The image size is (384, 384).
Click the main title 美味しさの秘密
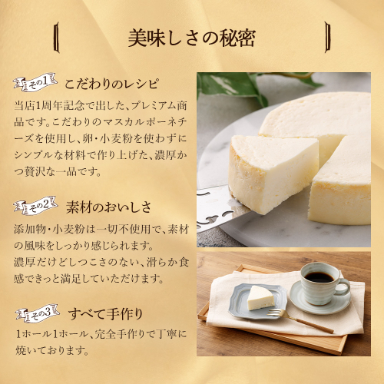(x=192, y=38)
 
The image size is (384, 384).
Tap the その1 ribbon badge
(x=35, y=82)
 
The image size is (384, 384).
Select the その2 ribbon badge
(x=35, y=205)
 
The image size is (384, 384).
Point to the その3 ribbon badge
(x=37, y=313)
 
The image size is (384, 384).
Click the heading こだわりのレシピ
(x=111, y=84)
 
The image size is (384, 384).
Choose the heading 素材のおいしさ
(x=108, y=207)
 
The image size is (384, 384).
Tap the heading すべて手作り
(x=105, y=314)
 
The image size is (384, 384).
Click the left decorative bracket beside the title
(x=57, y=38)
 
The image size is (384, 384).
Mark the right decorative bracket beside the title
(x=327, y=38)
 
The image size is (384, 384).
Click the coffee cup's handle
(x=344, y=286)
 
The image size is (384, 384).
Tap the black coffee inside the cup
(x=319, y=277)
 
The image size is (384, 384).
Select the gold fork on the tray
(x=300, y=320)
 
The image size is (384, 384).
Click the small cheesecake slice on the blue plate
(x=260, y=298)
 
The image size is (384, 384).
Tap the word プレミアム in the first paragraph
(x=150, y=106)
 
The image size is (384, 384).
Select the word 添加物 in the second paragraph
(x=30, y=229)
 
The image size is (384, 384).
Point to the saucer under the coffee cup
(x=320, y=300)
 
